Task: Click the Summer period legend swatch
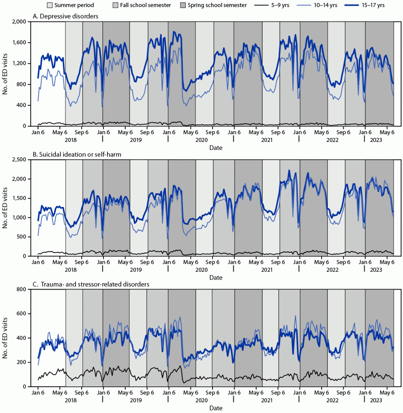click(x=50, y=5)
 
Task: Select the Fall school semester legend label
click(x=145, y=5)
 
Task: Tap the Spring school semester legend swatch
click(x=183, y=5)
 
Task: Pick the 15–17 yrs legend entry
click(x=373, y=5)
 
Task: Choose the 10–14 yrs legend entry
click(x=325, y=5)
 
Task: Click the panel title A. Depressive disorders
click(x=65, y=16)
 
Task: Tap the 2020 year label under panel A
click(x=201, y=140)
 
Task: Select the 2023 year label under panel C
click(x=376, y=400)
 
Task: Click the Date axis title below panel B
click(x=216, y=277)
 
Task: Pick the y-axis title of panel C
click(x=5, y=338)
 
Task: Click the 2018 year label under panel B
click(x=70, y=270)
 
